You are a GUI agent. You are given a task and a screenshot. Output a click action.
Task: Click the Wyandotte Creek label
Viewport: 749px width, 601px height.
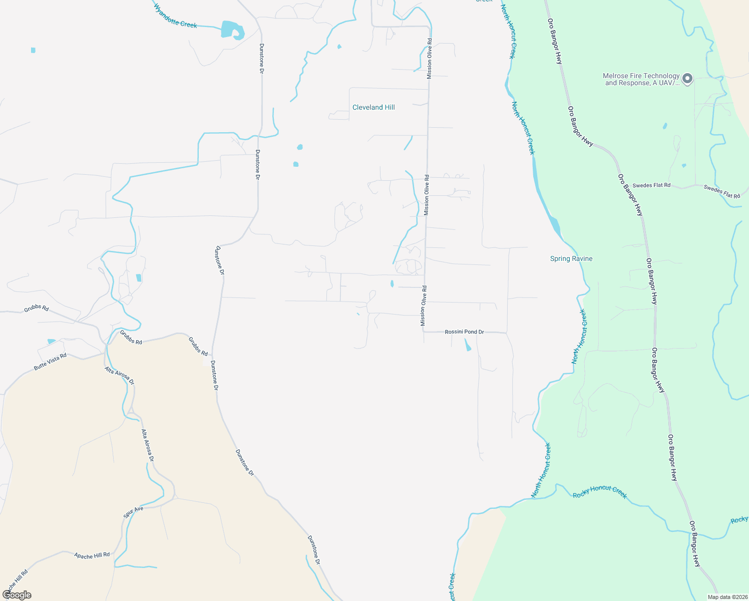click(x=175, y=16)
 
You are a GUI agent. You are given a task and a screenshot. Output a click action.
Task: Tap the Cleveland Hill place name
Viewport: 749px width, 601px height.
click(x=373, y=107)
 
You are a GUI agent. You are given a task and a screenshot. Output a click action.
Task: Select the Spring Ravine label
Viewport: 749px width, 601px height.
click(x=571, y=258)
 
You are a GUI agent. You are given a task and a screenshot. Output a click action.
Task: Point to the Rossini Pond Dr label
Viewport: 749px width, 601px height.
click(x=464, y=332)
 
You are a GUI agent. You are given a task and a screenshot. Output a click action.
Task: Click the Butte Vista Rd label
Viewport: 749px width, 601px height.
click(x=50, y=362)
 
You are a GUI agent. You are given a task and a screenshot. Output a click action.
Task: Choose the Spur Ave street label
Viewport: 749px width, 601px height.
click(x=133, y=512)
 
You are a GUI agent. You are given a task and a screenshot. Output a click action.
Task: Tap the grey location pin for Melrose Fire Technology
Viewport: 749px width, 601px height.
click(x=687, y=78)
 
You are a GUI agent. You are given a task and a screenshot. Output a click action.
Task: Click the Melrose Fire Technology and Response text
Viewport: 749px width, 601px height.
click(x=641, y=79)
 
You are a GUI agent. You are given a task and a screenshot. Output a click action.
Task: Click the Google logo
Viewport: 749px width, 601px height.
click(x=17, y=595)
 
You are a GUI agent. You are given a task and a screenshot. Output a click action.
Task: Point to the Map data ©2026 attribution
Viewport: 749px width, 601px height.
click(x=727, y=597)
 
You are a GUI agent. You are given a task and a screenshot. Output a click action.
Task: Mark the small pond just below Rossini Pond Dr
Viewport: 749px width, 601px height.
click(x=468, y=345)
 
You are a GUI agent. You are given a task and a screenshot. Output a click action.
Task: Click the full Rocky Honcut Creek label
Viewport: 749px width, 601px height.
click(x=599, y=492)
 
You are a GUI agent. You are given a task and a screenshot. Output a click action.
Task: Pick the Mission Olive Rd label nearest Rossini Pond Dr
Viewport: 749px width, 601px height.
click(x=424, y=306)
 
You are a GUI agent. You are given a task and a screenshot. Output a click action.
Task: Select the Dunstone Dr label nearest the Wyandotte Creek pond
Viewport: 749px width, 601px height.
click(x=261, y=59)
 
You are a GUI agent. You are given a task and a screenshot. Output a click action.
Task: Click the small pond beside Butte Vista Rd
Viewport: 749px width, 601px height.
click(x=51, y=342)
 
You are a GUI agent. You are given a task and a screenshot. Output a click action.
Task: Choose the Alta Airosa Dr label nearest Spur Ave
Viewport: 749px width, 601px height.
click(x=147, y=445)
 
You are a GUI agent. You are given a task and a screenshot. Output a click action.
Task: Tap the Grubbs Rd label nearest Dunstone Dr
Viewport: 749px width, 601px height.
click(x=198, y=346)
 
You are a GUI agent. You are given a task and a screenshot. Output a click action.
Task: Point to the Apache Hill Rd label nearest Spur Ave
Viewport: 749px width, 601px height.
click(x=92, y=555)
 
